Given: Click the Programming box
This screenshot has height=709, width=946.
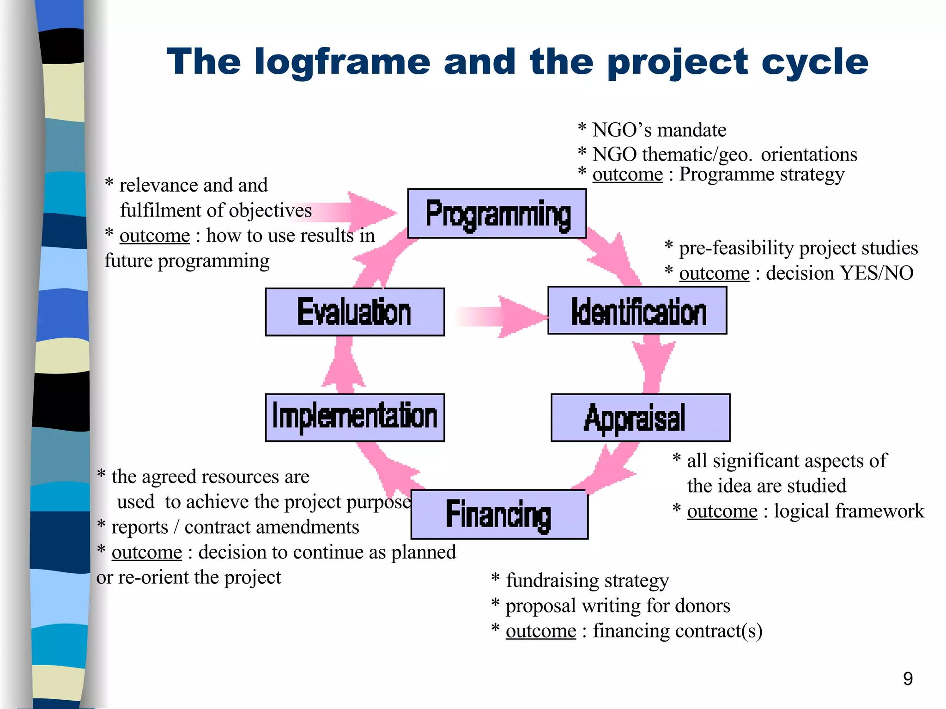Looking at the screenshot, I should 497,214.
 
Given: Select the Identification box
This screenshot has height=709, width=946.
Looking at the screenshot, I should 637,311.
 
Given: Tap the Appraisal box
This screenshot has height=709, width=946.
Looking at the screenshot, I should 640,418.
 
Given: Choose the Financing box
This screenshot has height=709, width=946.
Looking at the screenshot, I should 499,515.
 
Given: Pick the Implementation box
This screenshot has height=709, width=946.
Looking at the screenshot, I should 355,418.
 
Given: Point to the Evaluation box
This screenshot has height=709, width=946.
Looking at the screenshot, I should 355,312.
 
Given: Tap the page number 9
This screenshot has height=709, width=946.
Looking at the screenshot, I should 908,679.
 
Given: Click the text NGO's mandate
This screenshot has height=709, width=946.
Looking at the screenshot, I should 659,130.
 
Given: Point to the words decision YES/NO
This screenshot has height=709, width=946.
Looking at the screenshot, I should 839,273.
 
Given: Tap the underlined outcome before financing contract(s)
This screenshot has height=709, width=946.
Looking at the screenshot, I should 541,631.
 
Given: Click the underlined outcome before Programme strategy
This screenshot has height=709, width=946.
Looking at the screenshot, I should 627,174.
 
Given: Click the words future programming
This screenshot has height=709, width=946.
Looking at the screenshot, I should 187,261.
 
